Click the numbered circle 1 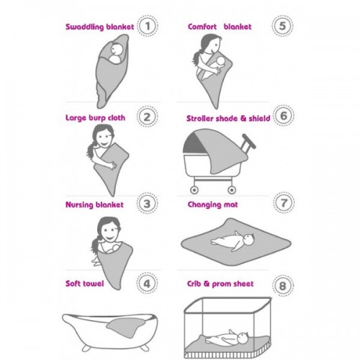click(148, 26)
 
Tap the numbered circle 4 click(147, 284)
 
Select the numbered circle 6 click(284, 116)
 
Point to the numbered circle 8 click(283, 286)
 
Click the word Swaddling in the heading click(85, 27)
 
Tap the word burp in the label click(97, 118)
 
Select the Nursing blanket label click(94, 204)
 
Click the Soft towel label click(85, 284)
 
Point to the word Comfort click(202, 27)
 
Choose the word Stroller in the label click(200, 118)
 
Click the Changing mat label click(212, 204)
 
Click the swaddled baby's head click(117, 50)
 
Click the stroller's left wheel click(194, 190)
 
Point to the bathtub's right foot click(145, 347)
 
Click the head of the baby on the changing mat click(248, 240)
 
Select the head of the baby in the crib click(242, 338)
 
